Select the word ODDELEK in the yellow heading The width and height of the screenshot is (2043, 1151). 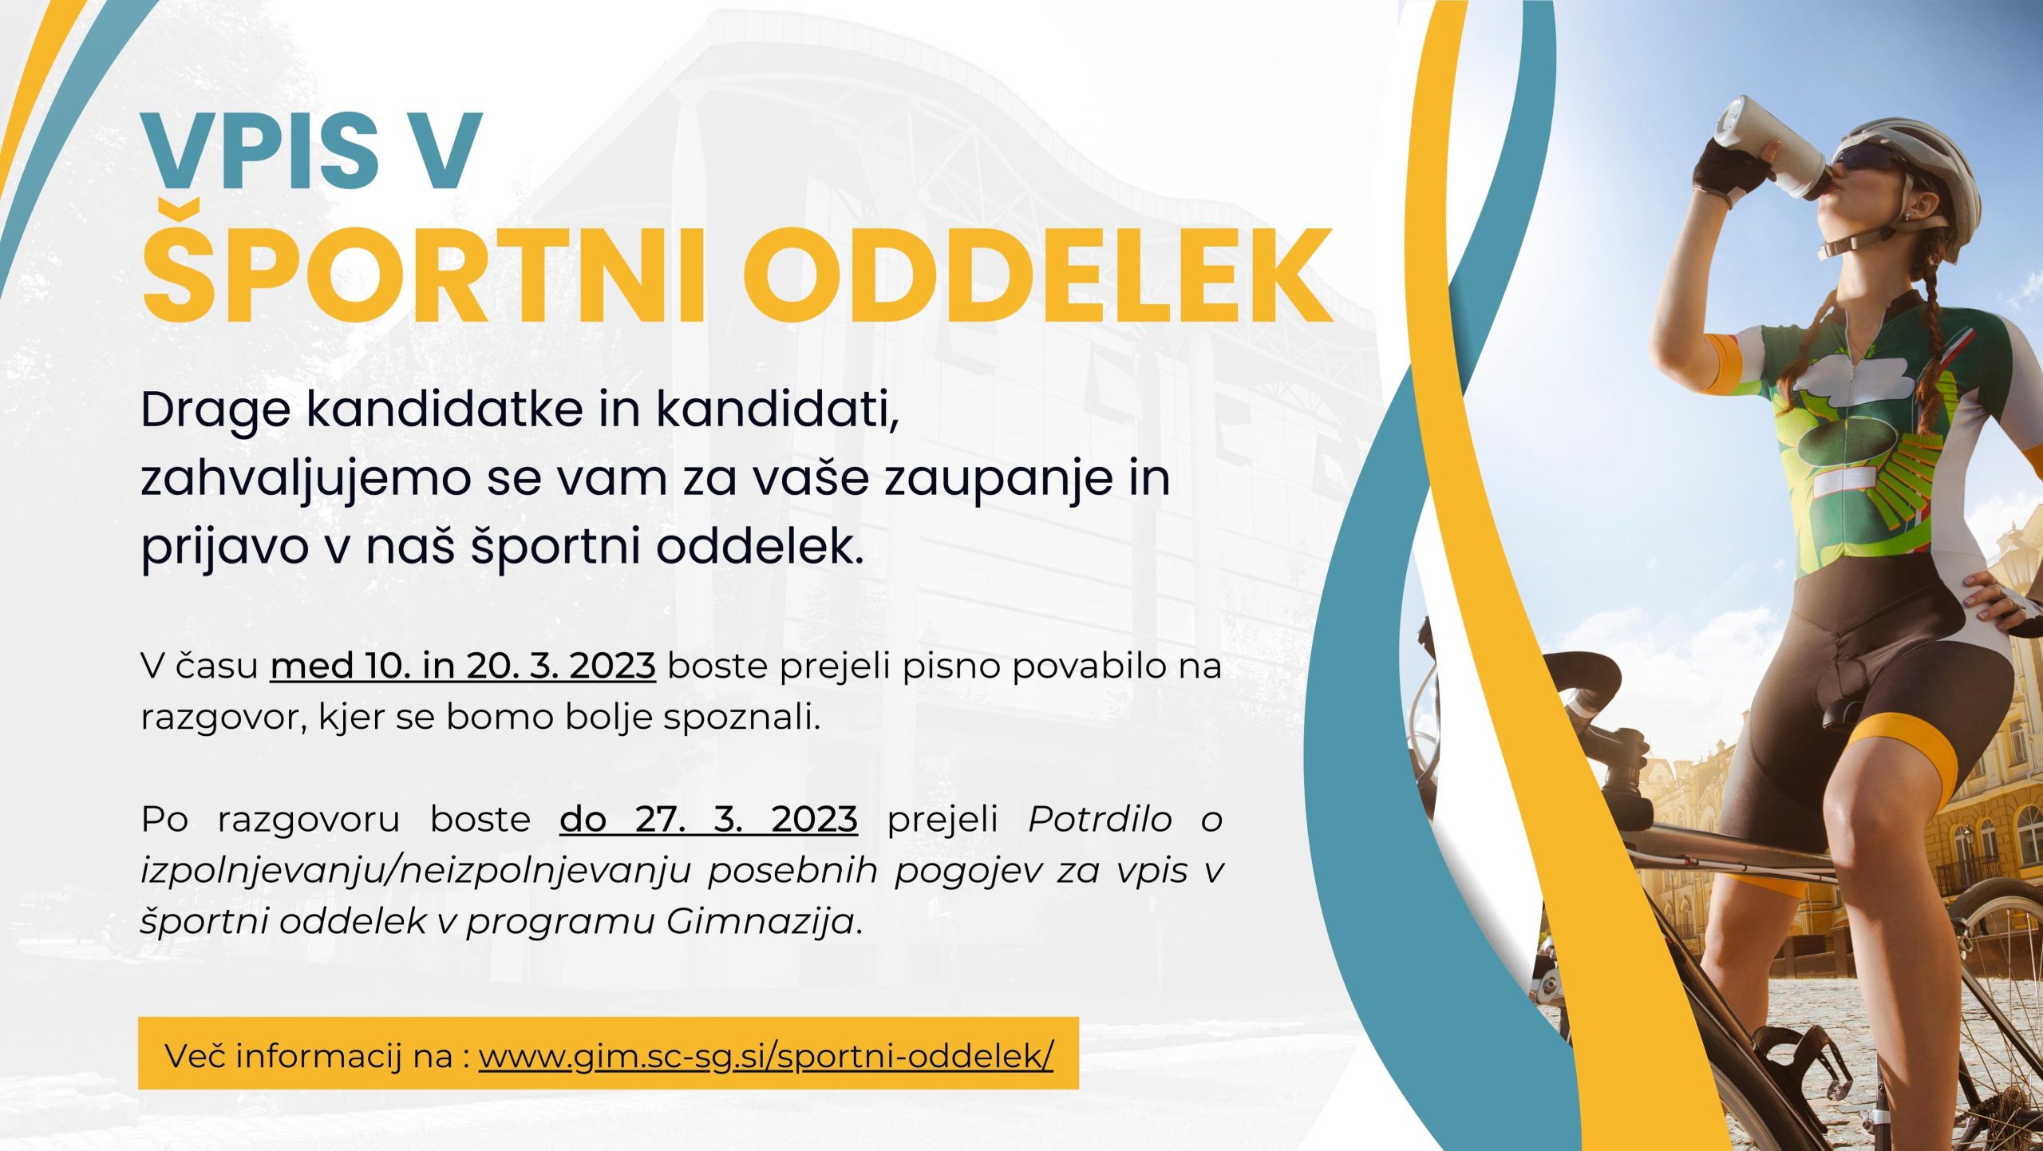[x=1038, y=276]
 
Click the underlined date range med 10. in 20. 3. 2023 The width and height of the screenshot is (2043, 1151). [x=463, y=666]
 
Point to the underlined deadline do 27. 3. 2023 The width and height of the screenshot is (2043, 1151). [x=709, y=819]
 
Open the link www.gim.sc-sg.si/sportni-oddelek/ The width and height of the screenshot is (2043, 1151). [x=766, y=1056]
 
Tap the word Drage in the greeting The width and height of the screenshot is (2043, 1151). [x=215, y=412]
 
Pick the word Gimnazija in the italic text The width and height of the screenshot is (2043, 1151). [x=761, y=923]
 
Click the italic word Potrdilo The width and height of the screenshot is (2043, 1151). [x=1100, y=819]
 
